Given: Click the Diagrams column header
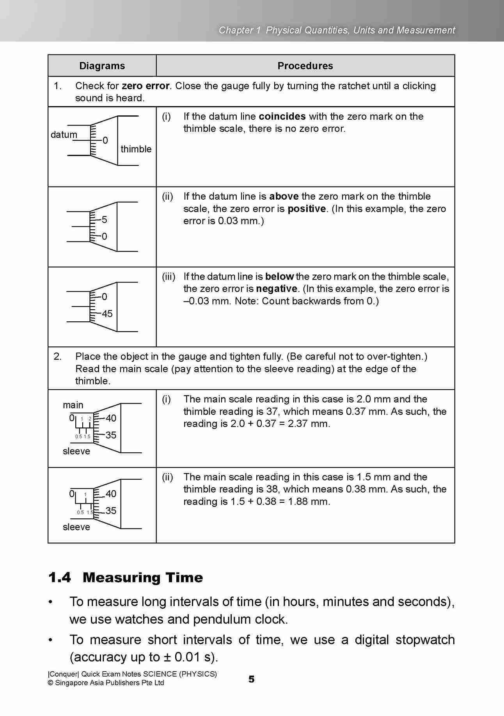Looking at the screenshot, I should tap(102, 66).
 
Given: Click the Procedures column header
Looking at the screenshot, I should tap(305, 66).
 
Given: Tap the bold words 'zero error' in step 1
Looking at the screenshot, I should tap(146, 86).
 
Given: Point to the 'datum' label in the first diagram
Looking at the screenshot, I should tap(64, 135).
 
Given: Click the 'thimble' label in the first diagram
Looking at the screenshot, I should tap(136, 149).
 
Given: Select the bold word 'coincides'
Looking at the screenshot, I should tap(282, 116).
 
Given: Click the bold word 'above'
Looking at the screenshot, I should tap(284, 196).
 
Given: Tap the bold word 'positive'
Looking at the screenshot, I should tap(307, 209).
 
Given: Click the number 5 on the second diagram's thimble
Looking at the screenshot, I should tap(104, 220).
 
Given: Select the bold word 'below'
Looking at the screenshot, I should tap(279, 276).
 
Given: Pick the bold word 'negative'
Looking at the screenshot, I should tap(277, 289).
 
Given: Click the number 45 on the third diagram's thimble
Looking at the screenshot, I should tap(107, 314).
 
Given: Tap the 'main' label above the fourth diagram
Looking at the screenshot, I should tap(73, 405).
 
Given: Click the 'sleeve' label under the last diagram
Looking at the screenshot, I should tap(76, 527).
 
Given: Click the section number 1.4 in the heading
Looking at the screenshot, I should tap(60, 577).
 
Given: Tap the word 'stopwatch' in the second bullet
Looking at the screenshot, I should tap(425, 640).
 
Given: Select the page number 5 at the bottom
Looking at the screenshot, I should tap(252, 679).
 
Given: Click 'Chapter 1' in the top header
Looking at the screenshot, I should tap(239, 30).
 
